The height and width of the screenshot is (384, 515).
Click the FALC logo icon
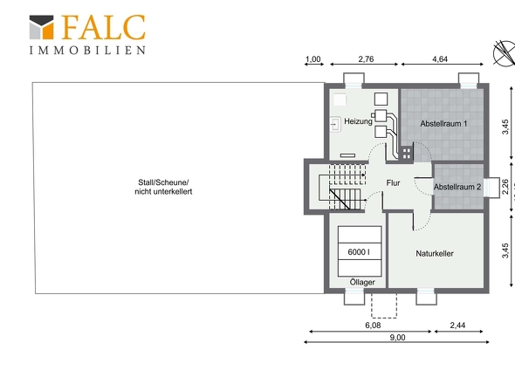[41, 27]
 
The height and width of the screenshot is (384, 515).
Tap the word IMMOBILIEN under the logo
[87, 51]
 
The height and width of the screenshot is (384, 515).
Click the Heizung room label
[359, 121]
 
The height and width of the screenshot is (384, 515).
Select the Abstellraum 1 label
[443, 124]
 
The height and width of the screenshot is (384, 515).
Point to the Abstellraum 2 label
[457, 187]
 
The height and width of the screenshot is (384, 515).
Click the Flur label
[393, 183]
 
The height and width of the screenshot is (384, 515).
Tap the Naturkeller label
[435, 254]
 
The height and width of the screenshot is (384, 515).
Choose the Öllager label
[362, 282]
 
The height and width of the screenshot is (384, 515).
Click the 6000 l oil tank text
[359, 252]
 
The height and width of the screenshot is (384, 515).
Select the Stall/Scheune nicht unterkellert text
[163, 187]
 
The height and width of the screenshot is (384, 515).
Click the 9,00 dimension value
[397, 338]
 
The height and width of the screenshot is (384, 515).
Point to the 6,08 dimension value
[373, 326]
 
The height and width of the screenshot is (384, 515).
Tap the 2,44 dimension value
[457, 326]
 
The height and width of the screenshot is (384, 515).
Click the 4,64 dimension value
[440, 59]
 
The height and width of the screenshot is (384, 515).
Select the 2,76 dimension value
[366, 59]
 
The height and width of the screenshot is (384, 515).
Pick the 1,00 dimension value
[312, 59]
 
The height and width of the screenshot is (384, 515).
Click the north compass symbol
[505, 53]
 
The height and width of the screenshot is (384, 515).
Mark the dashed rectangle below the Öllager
[384, 305]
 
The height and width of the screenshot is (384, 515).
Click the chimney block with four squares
[407, 154]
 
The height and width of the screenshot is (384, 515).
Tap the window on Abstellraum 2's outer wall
[491, 188]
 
